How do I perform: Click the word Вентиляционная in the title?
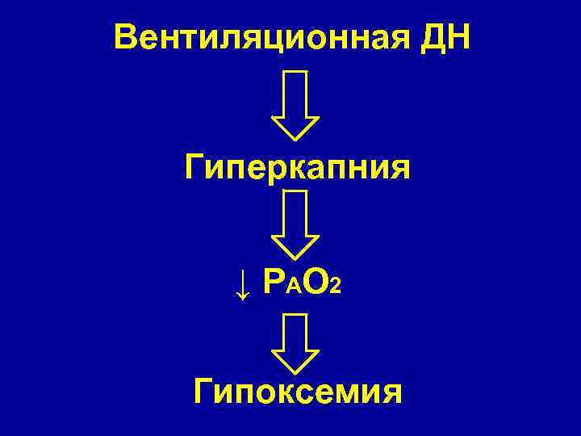point(261,37)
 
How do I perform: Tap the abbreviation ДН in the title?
point(445,37)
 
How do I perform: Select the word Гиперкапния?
point(297,170)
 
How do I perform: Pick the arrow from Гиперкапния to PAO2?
point(295,224)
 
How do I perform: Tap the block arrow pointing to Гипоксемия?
point(295,342)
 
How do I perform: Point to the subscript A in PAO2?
point(295,287)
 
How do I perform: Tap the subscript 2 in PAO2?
point(336,287)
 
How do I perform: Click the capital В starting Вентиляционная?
point(126,37)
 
